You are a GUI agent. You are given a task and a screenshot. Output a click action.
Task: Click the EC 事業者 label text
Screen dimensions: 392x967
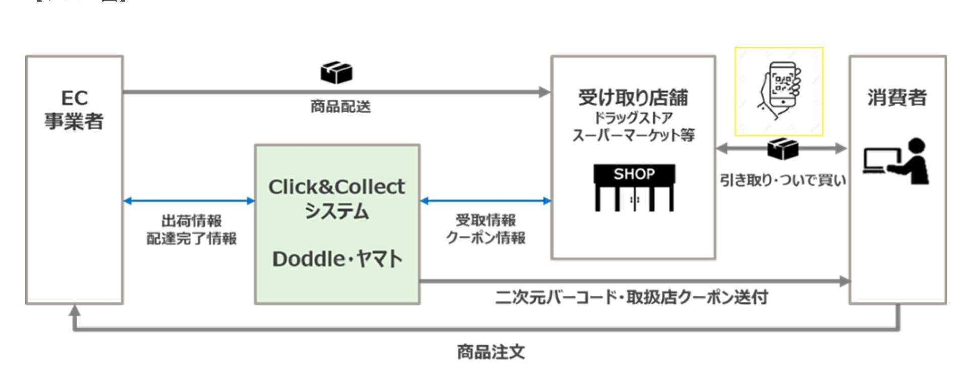click(74, 110)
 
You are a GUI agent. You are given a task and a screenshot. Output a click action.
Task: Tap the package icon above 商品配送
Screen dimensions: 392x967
click(336, 73)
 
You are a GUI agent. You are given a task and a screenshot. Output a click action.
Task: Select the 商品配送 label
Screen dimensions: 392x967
click(340, 107)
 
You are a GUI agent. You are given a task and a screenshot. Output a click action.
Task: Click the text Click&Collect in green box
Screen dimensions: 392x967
click(336, 187)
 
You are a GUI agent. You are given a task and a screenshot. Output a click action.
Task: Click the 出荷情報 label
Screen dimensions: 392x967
click(191, 221)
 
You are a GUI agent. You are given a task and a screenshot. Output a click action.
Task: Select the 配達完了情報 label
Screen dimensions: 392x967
click(191, 238)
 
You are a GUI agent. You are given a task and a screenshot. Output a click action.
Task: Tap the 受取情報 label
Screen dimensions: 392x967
click(486, 220)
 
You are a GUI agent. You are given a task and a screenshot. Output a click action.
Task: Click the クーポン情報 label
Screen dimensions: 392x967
click(486, 237)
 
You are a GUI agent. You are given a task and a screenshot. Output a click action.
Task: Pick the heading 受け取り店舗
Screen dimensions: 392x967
click(633, 97)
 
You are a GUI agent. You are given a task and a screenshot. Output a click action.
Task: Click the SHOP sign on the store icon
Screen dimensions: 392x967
click(634, 174)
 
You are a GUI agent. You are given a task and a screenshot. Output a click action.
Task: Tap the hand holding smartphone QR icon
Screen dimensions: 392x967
click(779, 91)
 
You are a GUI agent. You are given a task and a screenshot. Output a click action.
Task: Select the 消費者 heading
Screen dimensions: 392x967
click(897, 97)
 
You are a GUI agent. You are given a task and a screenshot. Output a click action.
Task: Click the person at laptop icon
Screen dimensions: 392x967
click(896, 162)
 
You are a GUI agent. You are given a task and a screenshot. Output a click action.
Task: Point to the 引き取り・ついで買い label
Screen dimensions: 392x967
click(782, 180)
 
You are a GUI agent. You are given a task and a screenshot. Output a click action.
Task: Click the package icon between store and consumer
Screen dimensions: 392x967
click(783, 148)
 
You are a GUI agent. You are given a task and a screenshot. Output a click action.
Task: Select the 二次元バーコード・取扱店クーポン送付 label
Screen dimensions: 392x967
click(632, 297)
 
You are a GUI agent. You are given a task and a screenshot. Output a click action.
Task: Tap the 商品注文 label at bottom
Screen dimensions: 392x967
click(491, 352)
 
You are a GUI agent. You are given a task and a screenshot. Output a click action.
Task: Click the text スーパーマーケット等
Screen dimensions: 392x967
click(633, 135)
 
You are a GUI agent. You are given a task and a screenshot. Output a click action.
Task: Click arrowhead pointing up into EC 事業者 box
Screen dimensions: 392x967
click(75, 310)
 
